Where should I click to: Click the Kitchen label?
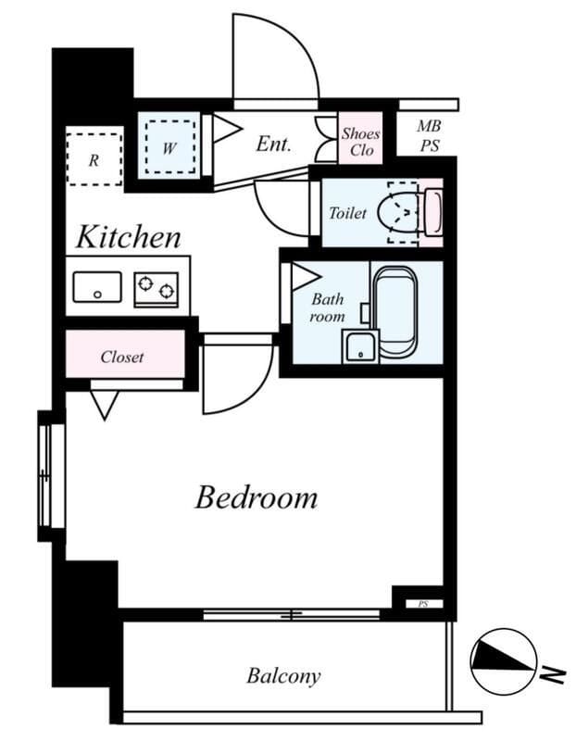(129, 237)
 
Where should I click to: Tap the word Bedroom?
(257, 497)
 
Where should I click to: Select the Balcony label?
(283, 676)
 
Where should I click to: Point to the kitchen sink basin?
(97, 287)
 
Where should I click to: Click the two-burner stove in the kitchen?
(156, 289)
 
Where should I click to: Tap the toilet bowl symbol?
(399, 213)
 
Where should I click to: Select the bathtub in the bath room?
(395, 312)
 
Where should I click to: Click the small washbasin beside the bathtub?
(360, 346)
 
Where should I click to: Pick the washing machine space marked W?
(169, 147)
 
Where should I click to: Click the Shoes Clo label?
(361, 142)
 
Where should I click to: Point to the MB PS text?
(429, 135)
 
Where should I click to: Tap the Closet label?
(122, 357)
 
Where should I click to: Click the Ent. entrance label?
(273, 144)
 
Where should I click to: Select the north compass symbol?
(504, 661)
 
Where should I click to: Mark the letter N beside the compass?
(553, 674)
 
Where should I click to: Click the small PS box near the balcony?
(424, 604)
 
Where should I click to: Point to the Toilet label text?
(348, 213)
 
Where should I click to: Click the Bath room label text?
(327, 308)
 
